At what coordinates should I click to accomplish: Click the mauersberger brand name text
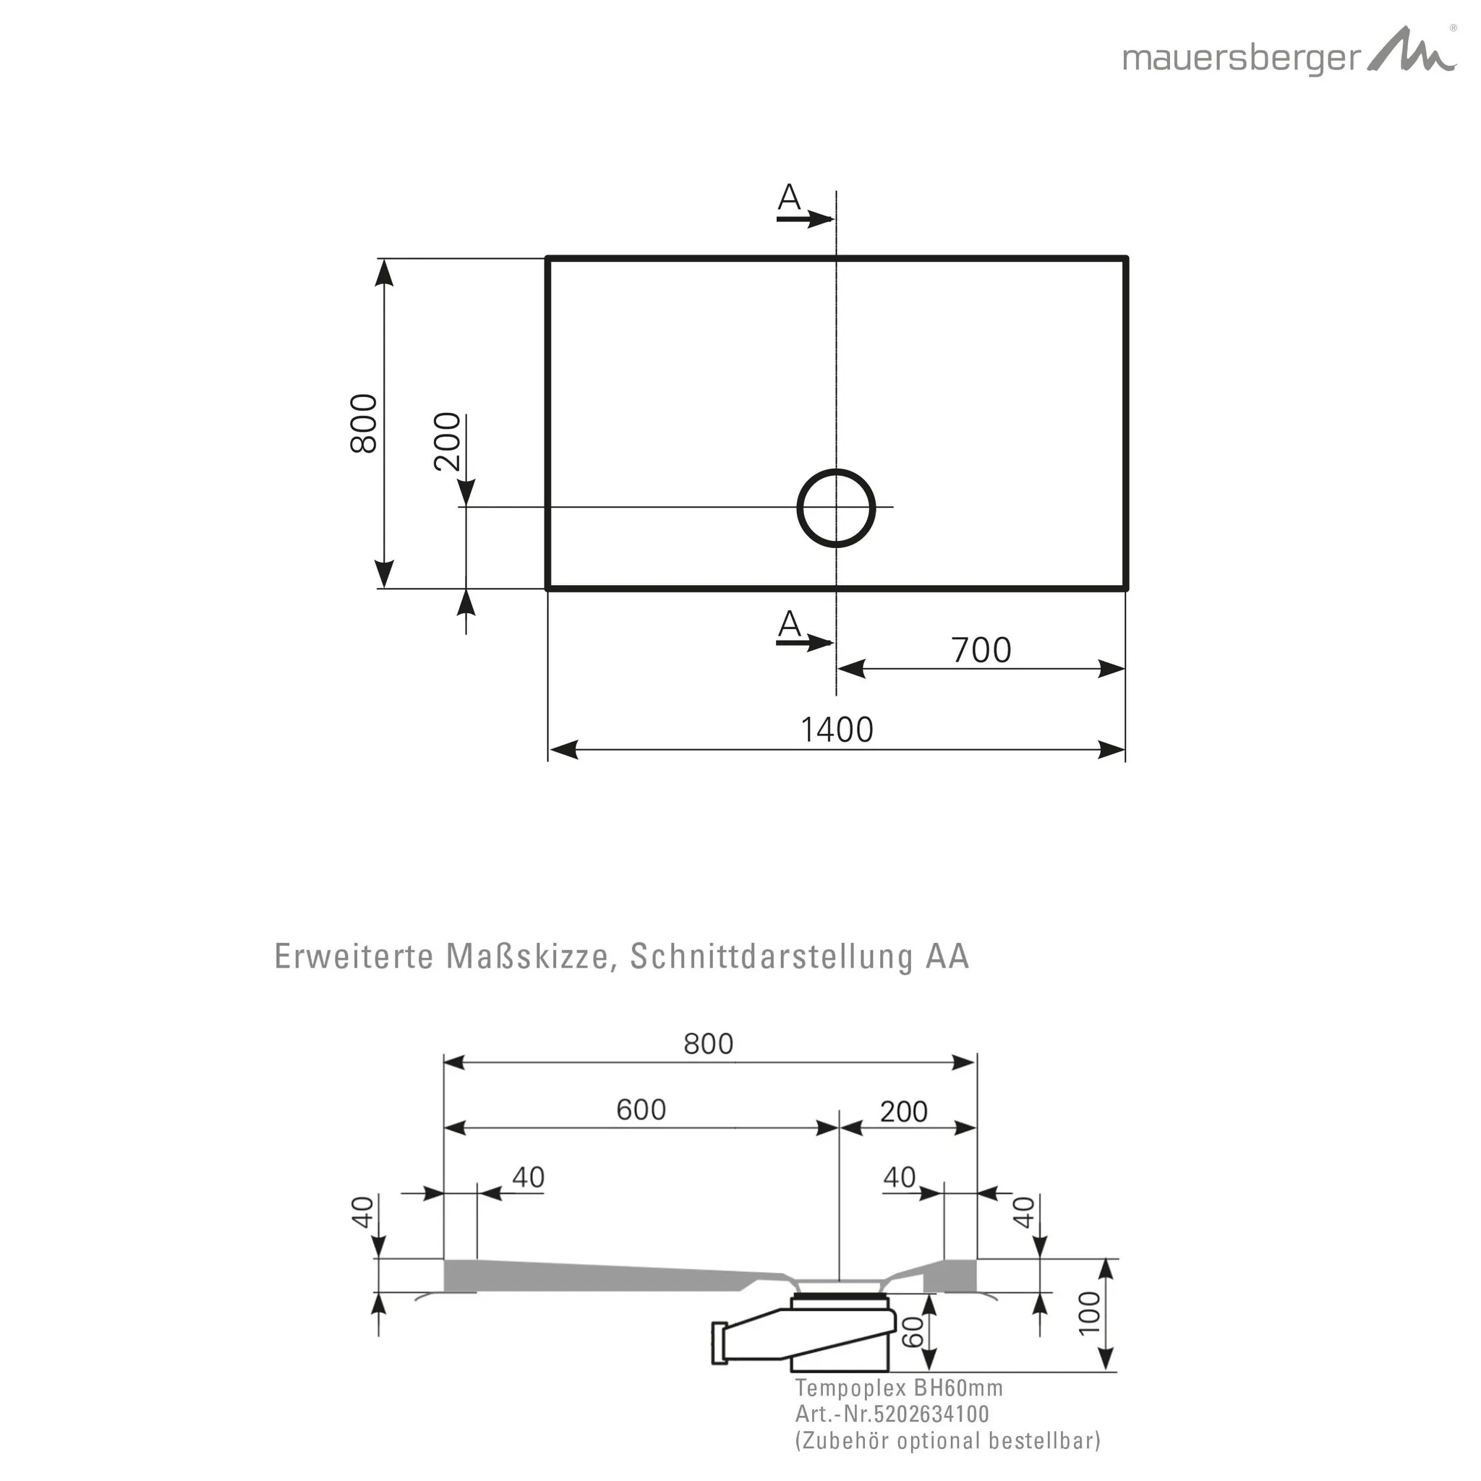(1242, 59)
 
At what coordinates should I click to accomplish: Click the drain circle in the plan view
(837, 508)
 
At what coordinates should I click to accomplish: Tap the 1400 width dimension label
(837, 730)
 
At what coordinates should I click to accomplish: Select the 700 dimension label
(981, 651)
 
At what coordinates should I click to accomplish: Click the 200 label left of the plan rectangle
(448, 442)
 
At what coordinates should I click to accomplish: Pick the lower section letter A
(789, 625)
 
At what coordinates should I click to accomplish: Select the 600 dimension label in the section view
(641, 1109)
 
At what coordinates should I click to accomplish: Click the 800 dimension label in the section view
(708, 1043)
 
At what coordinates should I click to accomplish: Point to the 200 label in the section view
(904, 1111)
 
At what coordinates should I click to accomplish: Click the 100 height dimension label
(1089, 1313)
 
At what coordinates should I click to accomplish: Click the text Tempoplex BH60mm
(898, 1388)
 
